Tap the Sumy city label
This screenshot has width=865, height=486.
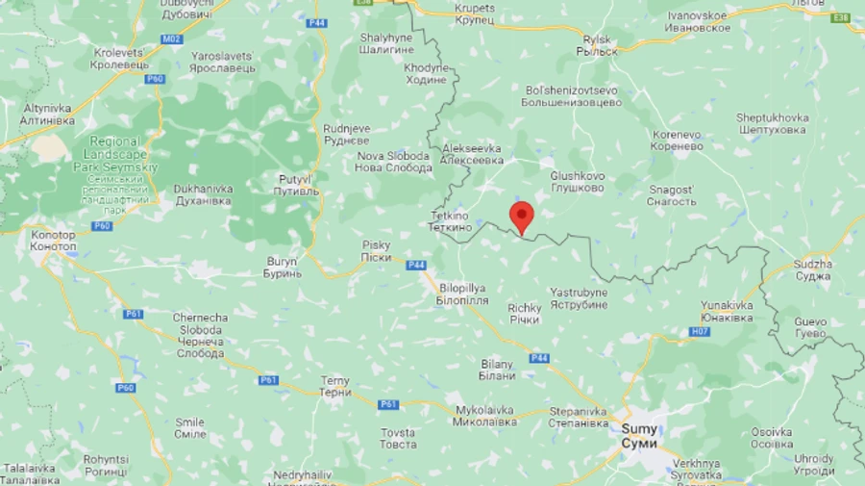(639, 436)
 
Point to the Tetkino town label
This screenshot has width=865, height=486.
(449, 222)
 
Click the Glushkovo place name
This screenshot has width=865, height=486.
(578, 182)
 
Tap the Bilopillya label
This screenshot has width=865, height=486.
(462, 294)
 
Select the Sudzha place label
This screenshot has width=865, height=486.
(813, 269)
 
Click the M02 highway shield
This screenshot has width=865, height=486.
(171, 39)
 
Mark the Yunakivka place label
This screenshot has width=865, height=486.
(727, 311)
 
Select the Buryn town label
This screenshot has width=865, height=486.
(282, 267)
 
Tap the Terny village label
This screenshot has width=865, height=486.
(335, 387)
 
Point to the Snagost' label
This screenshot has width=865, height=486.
(670, 195)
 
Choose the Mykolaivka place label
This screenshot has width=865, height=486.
(484, 416)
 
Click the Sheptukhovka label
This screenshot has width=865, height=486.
(772, 123)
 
